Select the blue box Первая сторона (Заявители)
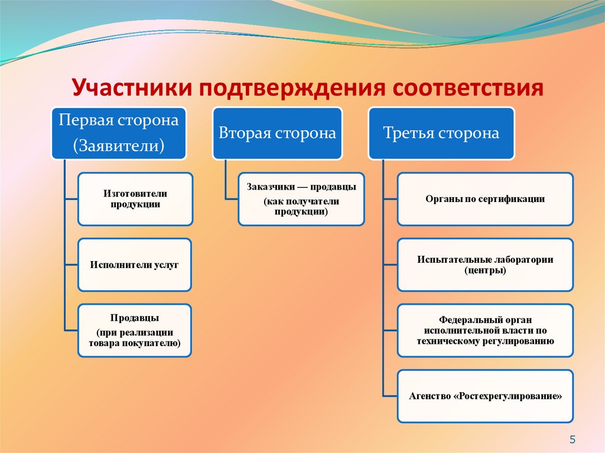[x=118, y=133]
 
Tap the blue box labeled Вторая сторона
[x=277, y=133]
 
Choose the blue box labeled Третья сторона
[x=441, y=133]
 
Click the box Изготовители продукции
[x=135, y=199]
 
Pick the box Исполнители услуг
[x=135, y=265]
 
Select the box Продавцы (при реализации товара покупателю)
[x=135, y=330]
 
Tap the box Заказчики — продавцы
[x=301, y=199]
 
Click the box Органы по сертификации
[x=485, y=199]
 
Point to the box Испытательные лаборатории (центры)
[x=485, y=265]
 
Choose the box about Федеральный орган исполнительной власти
[x=485, y=330]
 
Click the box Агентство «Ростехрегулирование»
[x=485, y=396]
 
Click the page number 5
[x=572, y=439]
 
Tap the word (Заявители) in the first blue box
[x=118, y=145]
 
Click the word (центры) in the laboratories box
[x=485, y=271]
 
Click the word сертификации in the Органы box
[x=516, y=199]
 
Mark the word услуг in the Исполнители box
[x=166, y=265]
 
